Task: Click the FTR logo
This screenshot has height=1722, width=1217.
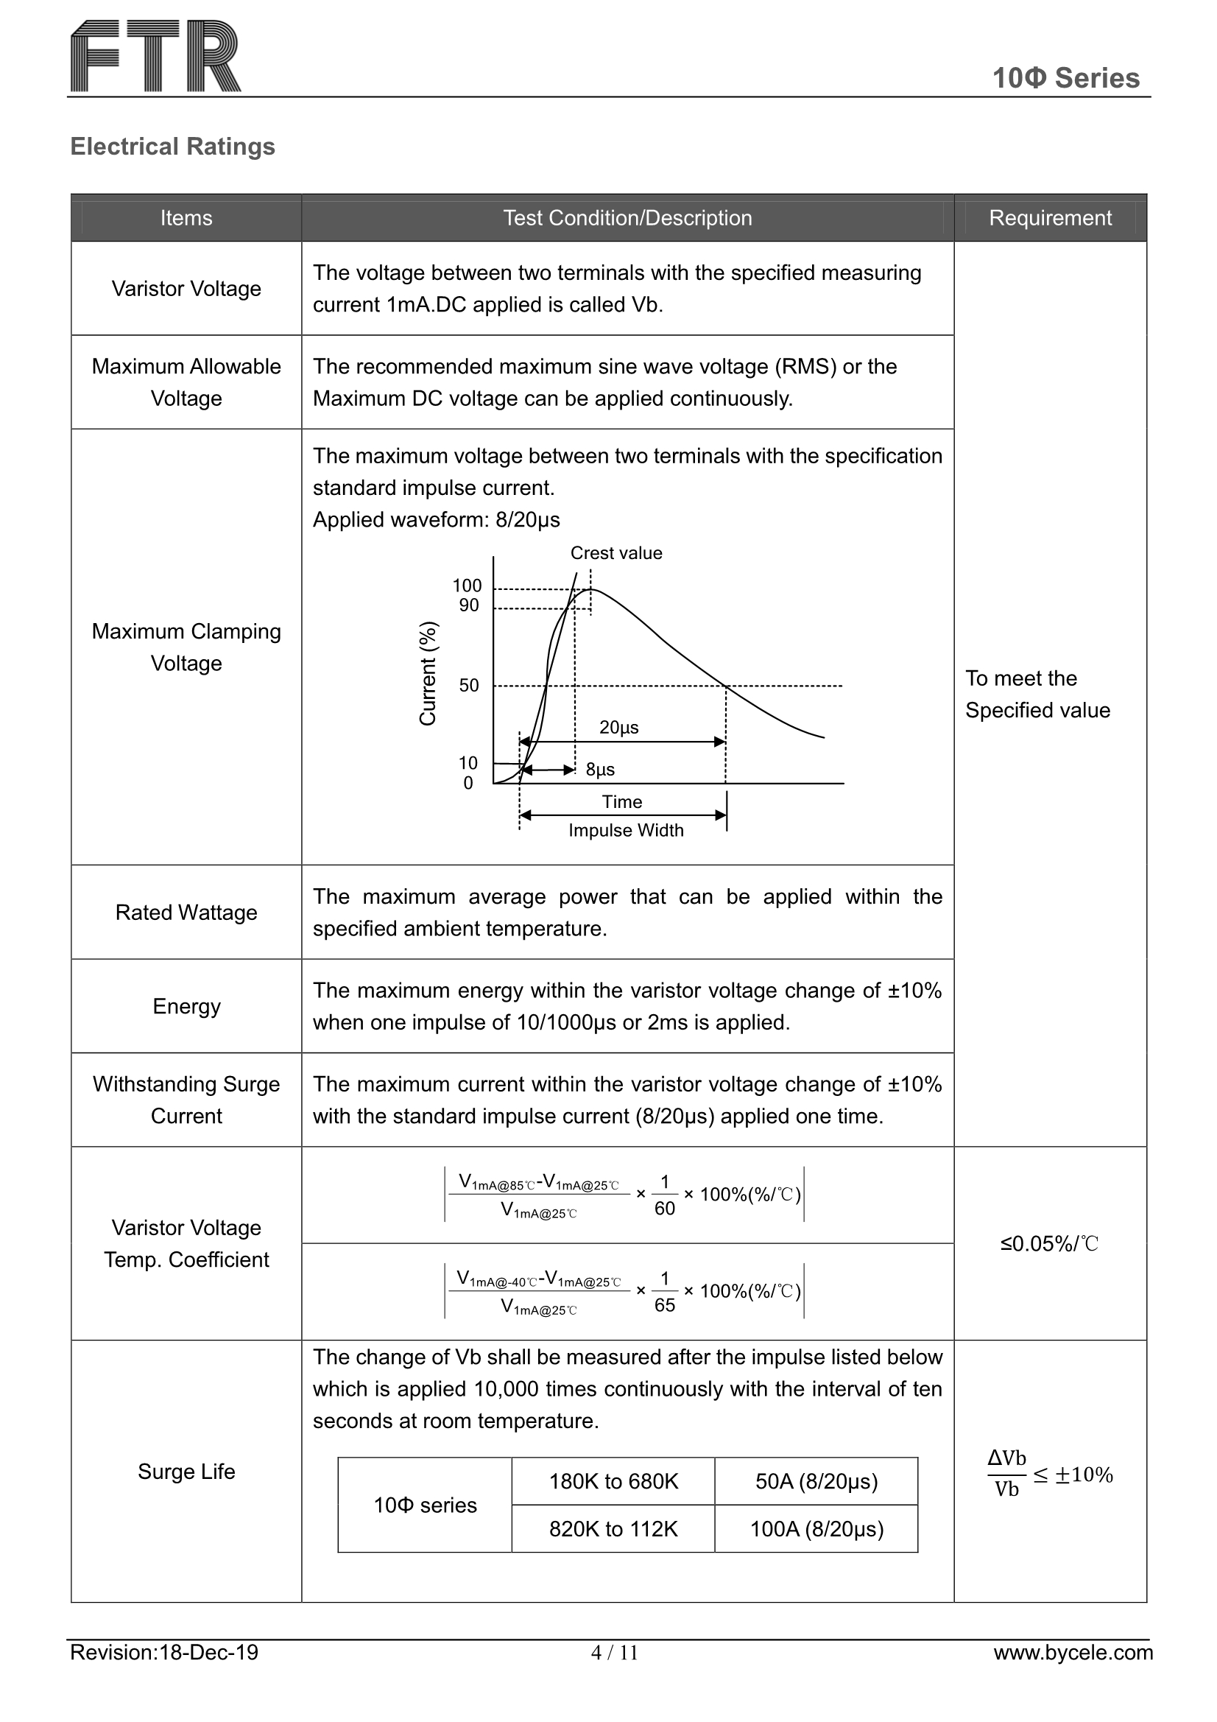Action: click(x=156, y=56)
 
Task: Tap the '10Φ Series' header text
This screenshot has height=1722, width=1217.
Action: click(x=1065, y=78)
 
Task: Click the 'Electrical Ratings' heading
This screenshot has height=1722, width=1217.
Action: click(x=172, y=147)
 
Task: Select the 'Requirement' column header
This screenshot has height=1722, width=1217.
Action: click(x=1050, y=217)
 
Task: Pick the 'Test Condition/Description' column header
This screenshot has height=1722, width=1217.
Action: click(x=627, y=217)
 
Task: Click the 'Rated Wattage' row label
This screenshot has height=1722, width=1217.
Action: click(x=186, y=912)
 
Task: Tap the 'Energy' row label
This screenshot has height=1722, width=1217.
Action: click(x=186, y=1006)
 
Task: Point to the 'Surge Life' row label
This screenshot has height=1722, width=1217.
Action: click(x=186, y=1472)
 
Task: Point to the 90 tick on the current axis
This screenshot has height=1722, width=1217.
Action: click(x=469, y=605)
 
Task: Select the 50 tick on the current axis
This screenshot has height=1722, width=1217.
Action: click(x=469, y=685)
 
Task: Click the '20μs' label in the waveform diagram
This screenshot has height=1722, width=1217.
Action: click(x=619, y=727)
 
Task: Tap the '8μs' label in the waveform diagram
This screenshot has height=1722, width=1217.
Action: click(x=600, y=770)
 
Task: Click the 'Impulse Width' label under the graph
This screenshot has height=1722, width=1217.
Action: click(x=626, y=830)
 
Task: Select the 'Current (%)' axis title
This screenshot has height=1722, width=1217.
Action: click(x=428, y=673)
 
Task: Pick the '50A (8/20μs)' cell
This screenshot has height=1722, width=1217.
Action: click(x=816, y=1481)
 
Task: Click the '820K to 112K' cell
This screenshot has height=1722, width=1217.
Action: click(x=613, y=1529)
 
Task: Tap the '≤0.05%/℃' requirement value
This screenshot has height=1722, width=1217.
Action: click(x=1049, y=1243)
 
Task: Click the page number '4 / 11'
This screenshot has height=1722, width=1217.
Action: click(x=614, y=1653)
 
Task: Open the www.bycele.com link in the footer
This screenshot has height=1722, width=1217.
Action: click(x=1073, y=1652)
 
